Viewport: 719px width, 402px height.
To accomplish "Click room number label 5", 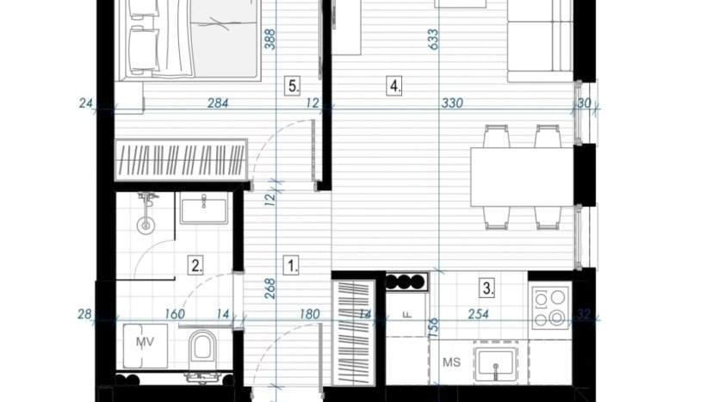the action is click(292, 86).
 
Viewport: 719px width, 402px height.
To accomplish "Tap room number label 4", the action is click(394, 86).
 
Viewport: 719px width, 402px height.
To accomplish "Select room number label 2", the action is click(195, 265).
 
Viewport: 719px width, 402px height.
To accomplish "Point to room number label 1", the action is click(292, 265).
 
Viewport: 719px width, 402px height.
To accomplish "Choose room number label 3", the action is click(487, 288).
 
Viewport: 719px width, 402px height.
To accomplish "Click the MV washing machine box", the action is click(145, 346).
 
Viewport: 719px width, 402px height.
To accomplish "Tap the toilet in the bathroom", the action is click(202, 346).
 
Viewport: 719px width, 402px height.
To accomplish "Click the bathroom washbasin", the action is click(204, 207).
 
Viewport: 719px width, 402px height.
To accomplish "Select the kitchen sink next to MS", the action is click(496, 364).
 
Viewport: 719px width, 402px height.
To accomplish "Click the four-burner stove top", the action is click(549, 307).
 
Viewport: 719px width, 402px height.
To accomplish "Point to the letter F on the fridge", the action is click(406, 314).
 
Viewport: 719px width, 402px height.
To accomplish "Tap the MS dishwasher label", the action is click(452, 362).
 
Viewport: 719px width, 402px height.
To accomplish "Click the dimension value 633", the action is click(432, 40).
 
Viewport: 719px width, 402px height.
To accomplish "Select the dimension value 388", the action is click(270, 40).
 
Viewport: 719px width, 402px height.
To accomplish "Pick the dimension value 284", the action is click(218, 103).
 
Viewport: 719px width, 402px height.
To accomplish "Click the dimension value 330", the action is click(452, 103).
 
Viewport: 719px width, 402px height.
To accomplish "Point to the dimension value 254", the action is click(478, 314).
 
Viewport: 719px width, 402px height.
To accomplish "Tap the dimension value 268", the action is click(270, 288).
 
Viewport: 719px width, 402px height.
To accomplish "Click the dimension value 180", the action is click(309, 314).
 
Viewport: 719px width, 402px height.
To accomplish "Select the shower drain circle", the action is click(146, 225).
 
